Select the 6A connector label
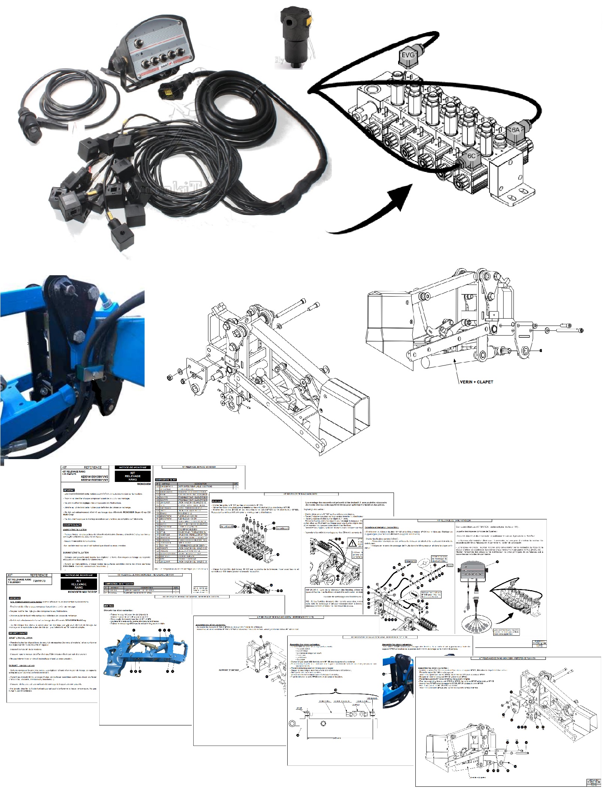pyautogui.click(x=515, y=130)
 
